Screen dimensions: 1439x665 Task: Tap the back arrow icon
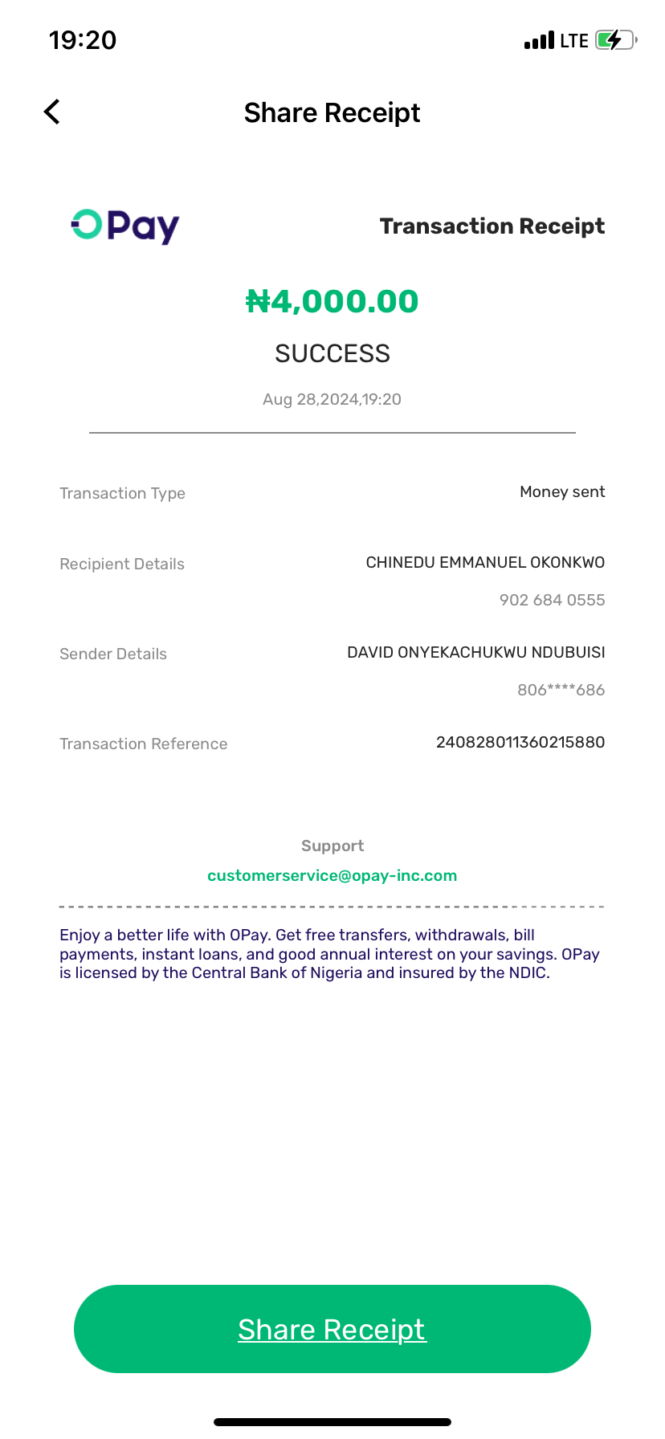tap(52, 112)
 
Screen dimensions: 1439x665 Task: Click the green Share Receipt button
tap(332, 1329)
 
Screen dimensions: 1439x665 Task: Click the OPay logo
tap(125, 226)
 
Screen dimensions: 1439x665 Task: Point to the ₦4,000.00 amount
tap(332, 302)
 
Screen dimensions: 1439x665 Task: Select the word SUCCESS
tap(332, 353)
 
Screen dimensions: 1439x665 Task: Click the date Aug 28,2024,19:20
tap(332, 399)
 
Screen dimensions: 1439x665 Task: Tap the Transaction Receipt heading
tap(492, 226)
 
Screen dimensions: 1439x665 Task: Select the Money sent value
tap(562, 491)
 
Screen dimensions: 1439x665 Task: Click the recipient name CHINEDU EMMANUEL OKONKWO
tap(485, 562)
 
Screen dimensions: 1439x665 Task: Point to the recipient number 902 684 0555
tap(552, 600)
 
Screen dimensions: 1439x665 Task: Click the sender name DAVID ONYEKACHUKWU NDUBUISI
tap(475, 652)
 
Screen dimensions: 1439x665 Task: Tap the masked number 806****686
tap(561, 690)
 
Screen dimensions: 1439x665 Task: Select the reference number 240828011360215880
tap(520, 742)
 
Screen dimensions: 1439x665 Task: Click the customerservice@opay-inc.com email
tap(332, 875)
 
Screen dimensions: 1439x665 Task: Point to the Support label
tap(332, 846)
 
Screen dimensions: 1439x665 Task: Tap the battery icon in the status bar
tap(615, 40)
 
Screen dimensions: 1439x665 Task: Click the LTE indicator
tap(574, 41)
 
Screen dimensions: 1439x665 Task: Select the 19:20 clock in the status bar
tap(83, 40)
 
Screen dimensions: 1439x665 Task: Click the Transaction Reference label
tap(143, 744)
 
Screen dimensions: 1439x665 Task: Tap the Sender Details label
tap(113, 654)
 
